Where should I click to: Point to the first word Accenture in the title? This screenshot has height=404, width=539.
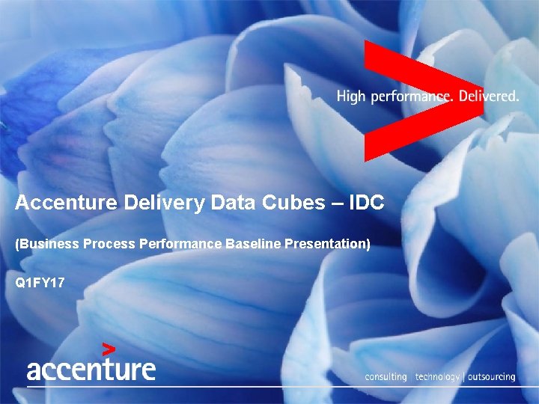(64, 203)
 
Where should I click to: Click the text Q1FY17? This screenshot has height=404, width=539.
(40, 284)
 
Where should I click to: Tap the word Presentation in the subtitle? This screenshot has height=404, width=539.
(326, 245)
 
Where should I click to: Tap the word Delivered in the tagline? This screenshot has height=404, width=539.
(488, 97)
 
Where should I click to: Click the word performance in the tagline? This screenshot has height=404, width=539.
(407, 97)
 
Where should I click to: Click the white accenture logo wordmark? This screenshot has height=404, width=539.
(91, 370)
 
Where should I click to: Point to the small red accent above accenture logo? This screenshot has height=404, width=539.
(109, 348)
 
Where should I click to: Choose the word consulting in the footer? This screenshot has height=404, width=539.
(386, 377)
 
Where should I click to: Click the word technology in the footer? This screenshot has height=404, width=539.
(438, 377)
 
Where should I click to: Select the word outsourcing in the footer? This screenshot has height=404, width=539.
(492, 377)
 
